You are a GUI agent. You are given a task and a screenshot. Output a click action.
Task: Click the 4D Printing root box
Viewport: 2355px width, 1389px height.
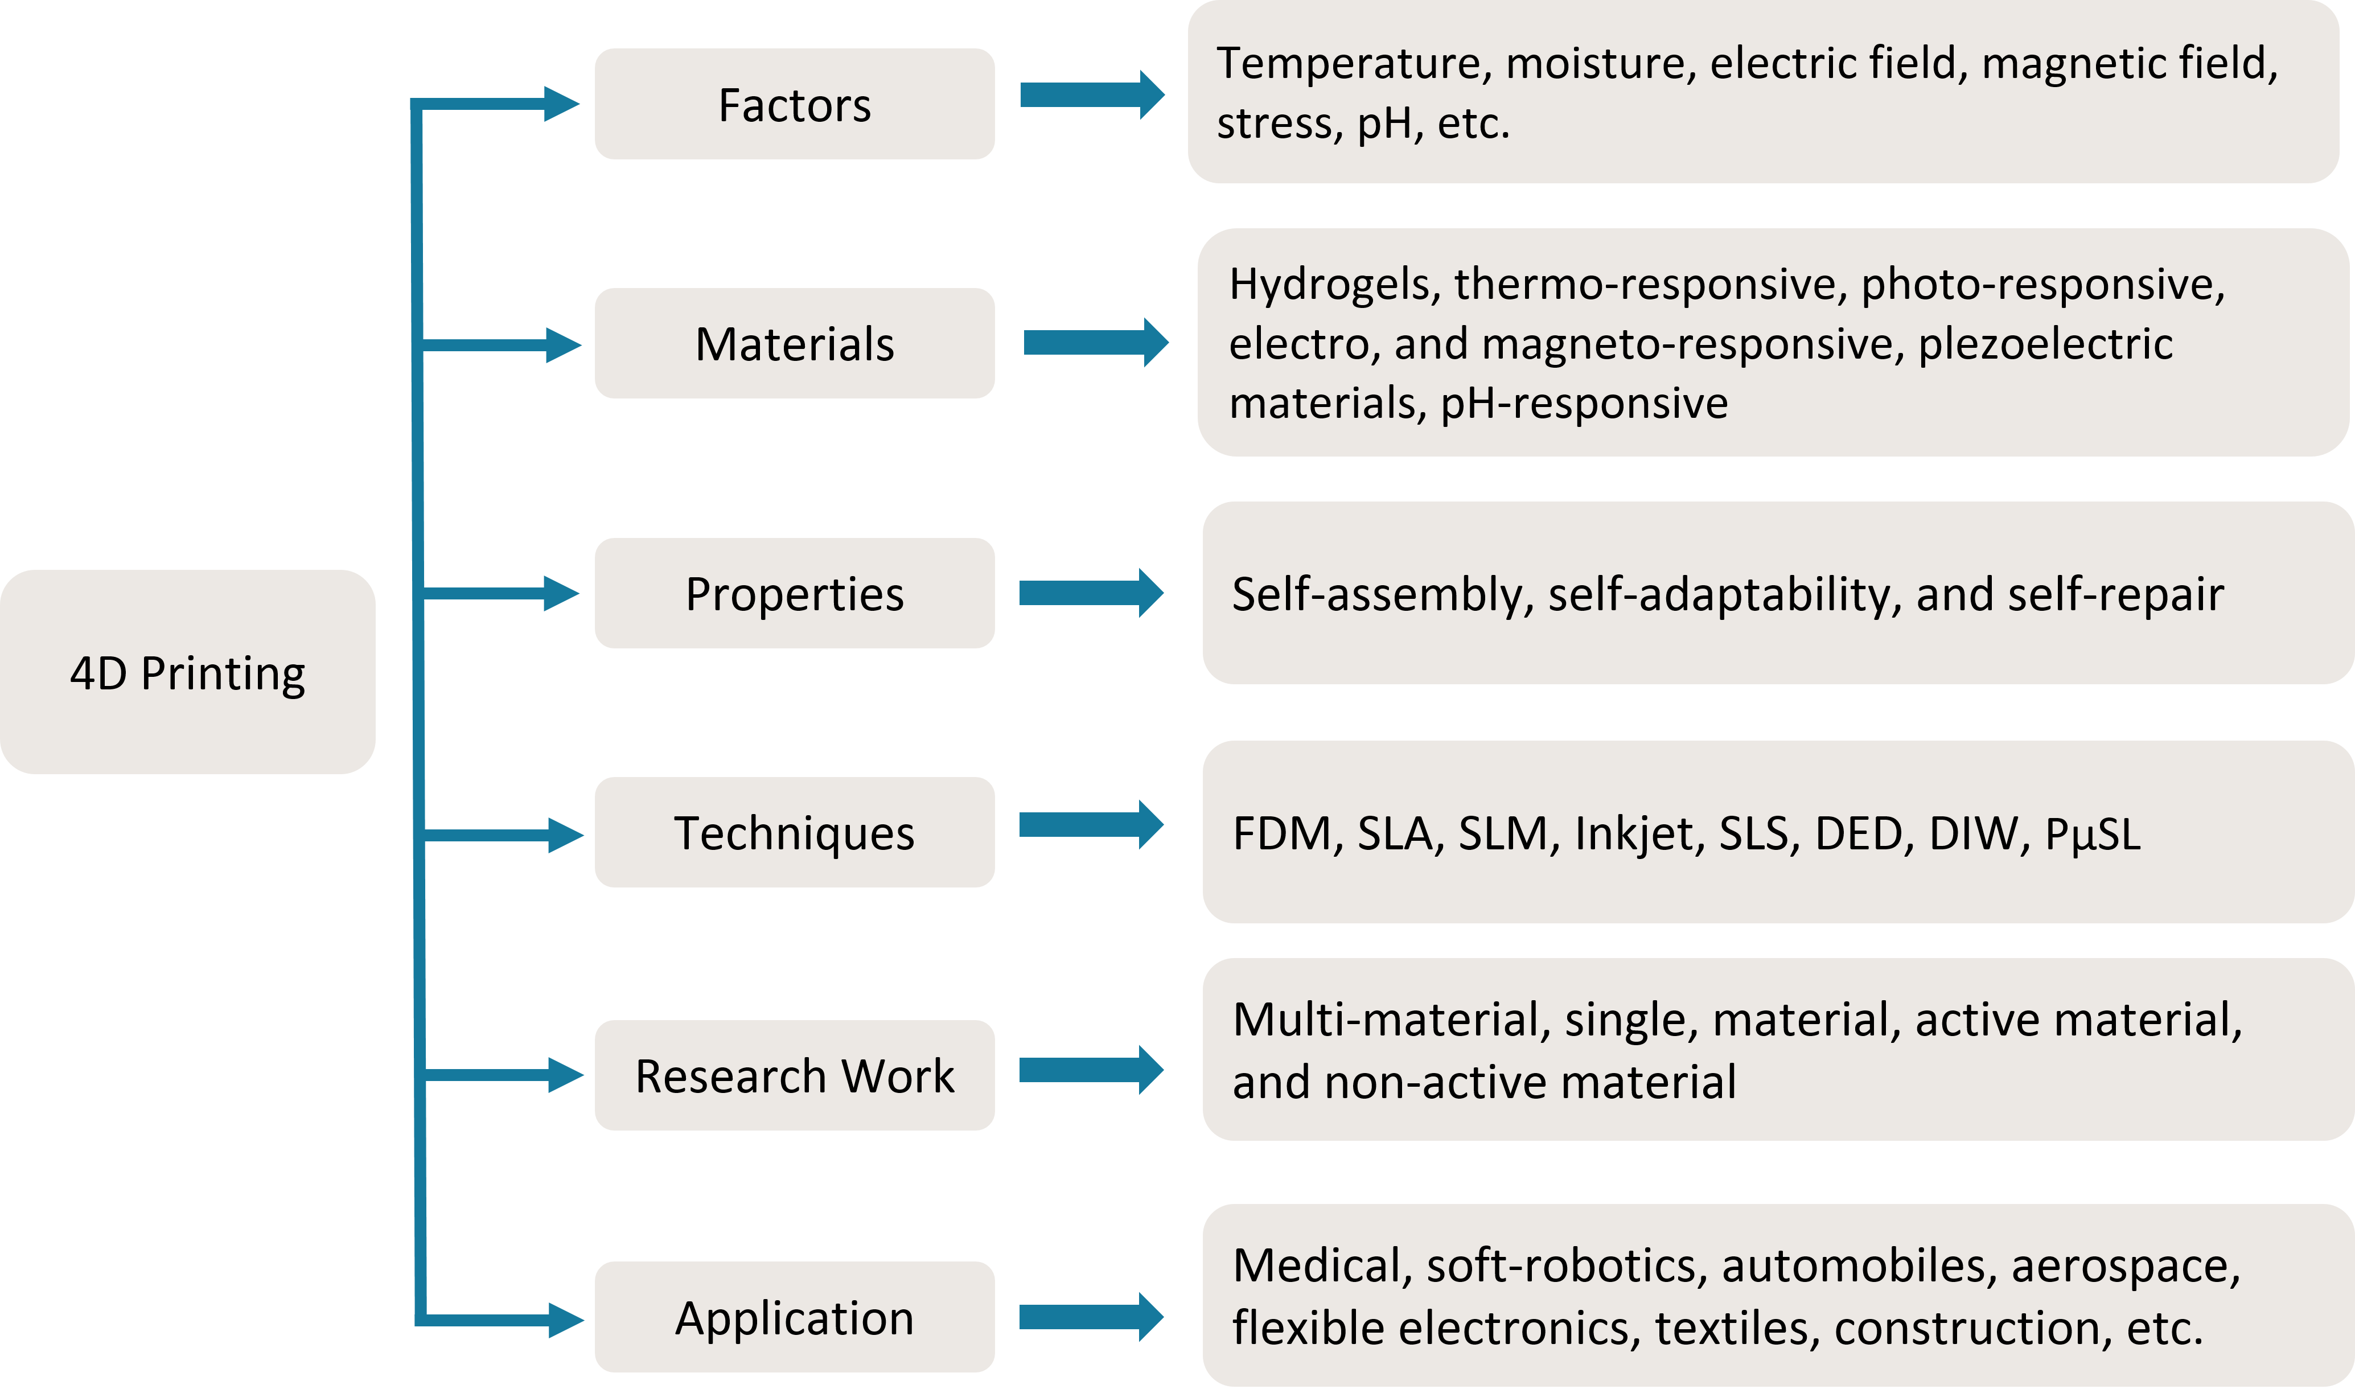point(187,672)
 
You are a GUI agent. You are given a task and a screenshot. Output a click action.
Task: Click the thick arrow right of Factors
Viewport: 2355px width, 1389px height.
point(1091,94)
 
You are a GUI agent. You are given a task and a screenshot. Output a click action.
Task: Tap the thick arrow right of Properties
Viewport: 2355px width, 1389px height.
point(1091,593)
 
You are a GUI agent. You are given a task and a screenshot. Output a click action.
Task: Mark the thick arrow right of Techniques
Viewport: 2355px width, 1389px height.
point(1091,825)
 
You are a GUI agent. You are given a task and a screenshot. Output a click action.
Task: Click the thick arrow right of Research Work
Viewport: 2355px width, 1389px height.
point(1091,1070)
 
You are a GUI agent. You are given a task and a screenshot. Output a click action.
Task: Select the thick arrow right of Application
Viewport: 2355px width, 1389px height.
point(1091,1317)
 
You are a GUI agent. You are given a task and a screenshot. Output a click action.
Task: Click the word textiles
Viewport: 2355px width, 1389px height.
point(1731,1327)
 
